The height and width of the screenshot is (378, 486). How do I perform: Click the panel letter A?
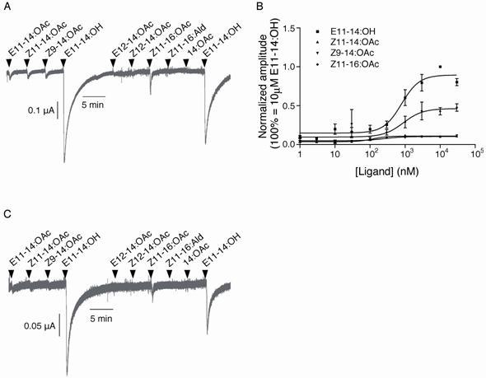pos(7,7)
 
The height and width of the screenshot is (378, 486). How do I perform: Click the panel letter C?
pos(7,217)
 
